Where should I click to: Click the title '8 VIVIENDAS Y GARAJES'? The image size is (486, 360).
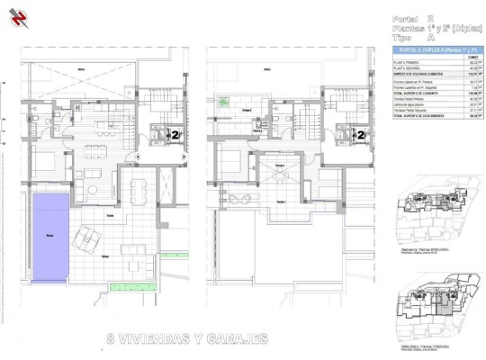[x=187, y=339]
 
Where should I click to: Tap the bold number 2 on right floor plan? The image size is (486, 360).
[x=361, y=135]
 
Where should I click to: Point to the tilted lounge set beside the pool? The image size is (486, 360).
[x=89, y=238]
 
